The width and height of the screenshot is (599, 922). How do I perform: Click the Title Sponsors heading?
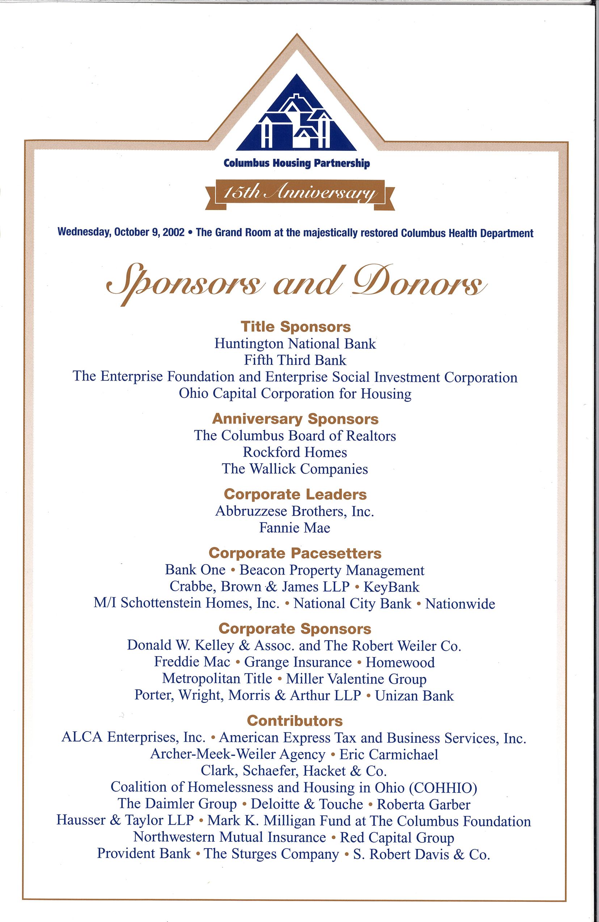(x=295, y=327)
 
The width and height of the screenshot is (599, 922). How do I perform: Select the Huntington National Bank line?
(x=295, y=343)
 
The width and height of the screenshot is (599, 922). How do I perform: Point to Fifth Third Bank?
(x=295, y=360)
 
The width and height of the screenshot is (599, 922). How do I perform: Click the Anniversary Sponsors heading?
(x=295, y=419)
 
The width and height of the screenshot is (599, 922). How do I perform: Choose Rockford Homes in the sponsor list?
(x=295, y=452)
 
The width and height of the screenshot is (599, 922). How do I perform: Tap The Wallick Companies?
(x=295, y=469)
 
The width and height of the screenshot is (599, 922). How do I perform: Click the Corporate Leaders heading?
(x=295, y=494)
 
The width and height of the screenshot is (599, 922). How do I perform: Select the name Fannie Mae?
(x=295, y=528)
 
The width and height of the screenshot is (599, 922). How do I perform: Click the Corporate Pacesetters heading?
(x=295, y=553)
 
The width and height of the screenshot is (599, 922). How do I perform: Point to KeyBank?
(x=392, y=587)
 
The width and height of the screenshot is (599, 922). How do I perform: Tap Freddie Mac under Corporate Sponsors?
(x=192, y=662)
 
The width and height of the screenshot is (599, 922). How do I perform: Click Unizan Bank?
(x=414, y=695)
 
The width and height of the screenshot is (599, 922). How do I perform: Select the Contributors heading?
(x=295, y=721)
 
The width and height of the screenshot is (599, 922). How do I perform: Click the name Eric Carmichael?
(x=389, y=754)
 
